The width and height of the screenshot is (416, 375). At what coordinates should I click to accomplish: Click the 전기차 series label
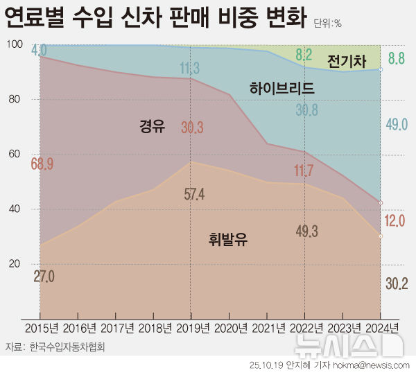pyautogui.click(x=346, y=62)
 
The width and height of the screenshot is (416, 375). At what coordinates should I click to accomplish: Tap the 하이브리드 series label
pyautogui.click(x=282, y=88)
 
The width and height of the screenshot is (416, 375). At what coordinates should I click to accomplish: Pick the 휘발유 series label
pyautogui.click(x=228, y=240)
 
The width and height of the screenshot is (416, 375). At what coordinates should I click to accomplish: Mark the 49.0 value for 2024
pyautogui.click(x=395, y=125)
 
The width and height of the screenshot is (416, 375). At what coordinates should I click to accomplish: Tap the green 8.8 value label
pyautogui.click(x=396, y=59)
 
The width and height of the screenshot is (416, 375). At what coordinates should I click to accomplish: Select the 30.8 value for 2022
pyautogui.click(x=307, y=110)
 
